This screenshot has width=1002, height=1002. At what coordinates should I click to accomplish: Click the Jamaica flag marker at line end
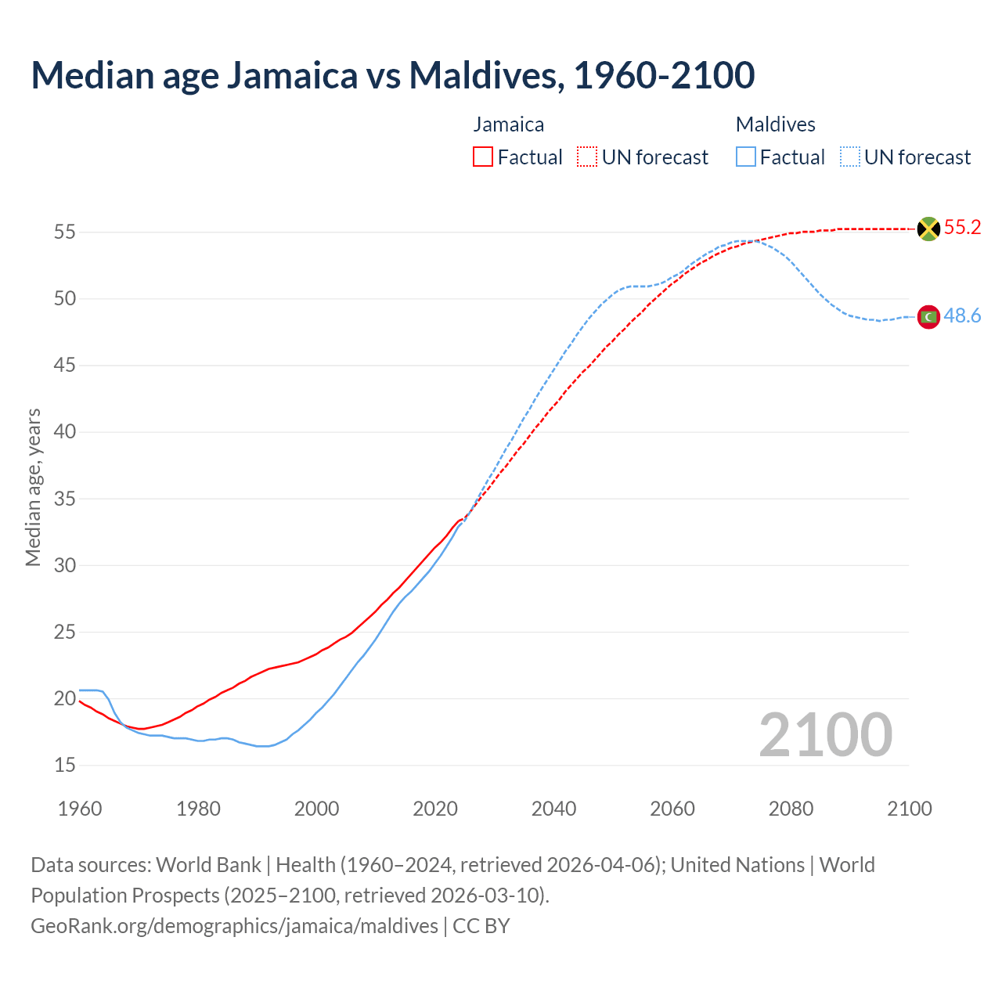[x=928, y=229]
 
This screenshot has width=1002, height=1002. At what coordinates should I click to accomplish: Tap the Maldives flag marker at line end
[x=928, y=316]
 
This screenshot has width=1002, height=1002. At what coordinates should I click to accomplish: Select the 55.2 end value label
[x=962, y=228]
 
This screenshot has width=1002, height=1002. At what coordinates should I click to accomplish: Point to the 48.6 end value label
[x=962, y=315]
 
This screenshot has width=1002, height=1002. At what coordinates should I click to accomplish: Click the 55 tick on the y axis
[x=65, y=232]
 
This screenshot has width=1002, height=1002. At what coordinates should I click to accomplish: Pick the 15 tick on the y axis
[x=65, y=765]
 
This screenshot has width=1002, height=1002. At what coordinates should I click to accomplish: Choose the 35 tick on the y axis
[x=65, y=499]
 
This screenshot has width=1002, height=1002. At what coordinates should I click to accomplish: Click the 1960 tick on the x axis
[x=80, y=809]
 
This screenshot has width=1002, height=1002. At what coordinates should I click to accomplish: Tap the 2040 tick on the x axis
[x=553, y=809]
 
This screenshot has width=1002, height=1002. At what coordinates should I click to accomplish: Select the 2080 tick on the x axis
[x=791, y=809]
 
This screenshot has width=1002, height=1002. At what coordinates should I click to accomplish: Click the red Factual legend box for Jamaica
[x=483, y=157]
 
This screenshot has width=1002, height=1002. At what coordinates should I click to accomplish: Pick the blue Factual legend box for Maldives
[x=746, y=157]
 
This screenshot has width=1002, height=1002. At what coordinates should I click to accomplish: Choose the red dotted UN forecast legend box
[x=587, y=157]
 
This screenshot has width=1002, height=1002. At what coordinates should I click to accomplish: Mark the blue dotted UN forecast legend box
[x=850, y=157]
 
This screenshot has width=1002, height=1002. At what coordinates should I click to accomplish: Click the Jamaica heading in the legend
[x=508, y=124]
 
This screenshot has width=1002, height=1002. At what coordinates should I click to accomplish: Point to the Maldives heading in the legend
[x=775, y=124]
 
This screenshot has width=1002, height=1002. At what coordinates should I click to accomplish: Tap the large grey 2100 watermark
[x=825, y=734]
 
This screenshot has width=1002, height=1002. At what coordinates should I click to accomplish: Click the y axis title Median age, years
[x=33, y=487]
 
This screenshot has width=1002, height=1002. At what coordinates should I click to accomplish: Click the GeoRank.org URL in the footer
[x=234, y=926]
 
